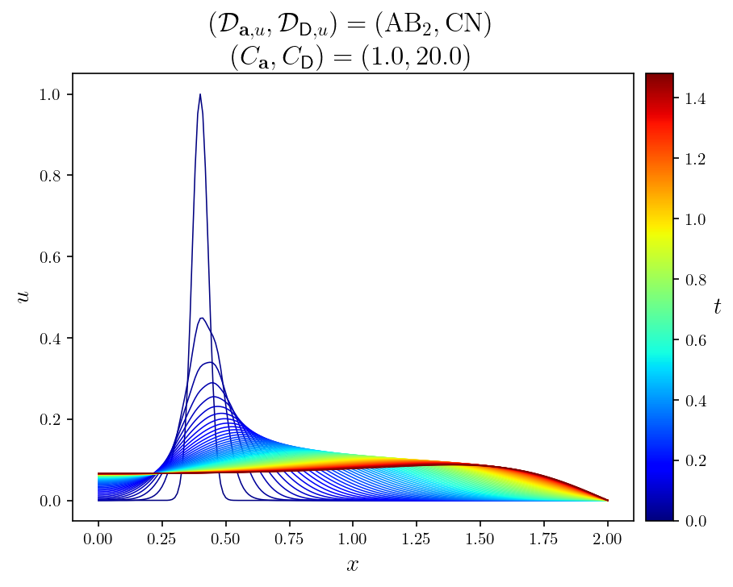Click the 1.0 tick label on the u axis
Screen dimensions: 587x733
click(x=49, y=94)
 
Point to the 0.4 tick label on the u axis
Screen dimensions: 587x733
click(x=49, y=339)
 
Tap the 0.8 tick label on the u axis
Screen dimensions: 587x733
click(x=49, y=176)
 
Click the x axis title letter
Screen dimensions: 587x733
click(x=352, y=564)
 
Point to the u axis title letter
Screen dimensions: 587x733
click(x=23, y=297)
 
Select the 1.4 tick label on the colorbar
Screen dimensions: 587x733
click(x=693, y=99)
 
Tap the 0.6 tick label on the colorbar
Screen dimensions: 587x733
click(x=693, y=340)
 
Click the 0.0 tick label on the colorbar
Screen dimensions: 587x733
click(x=693, y=521)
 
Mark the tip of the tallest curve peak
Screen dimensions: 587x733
click(x=200, y=94)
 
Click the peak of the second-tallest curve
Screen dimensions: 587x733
click(x=201, y=318)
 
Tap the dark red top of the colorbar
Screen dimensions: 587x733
click(x=659, y=76)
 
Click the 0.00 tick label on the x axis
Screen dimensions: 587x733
click(x=98, y=537)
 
